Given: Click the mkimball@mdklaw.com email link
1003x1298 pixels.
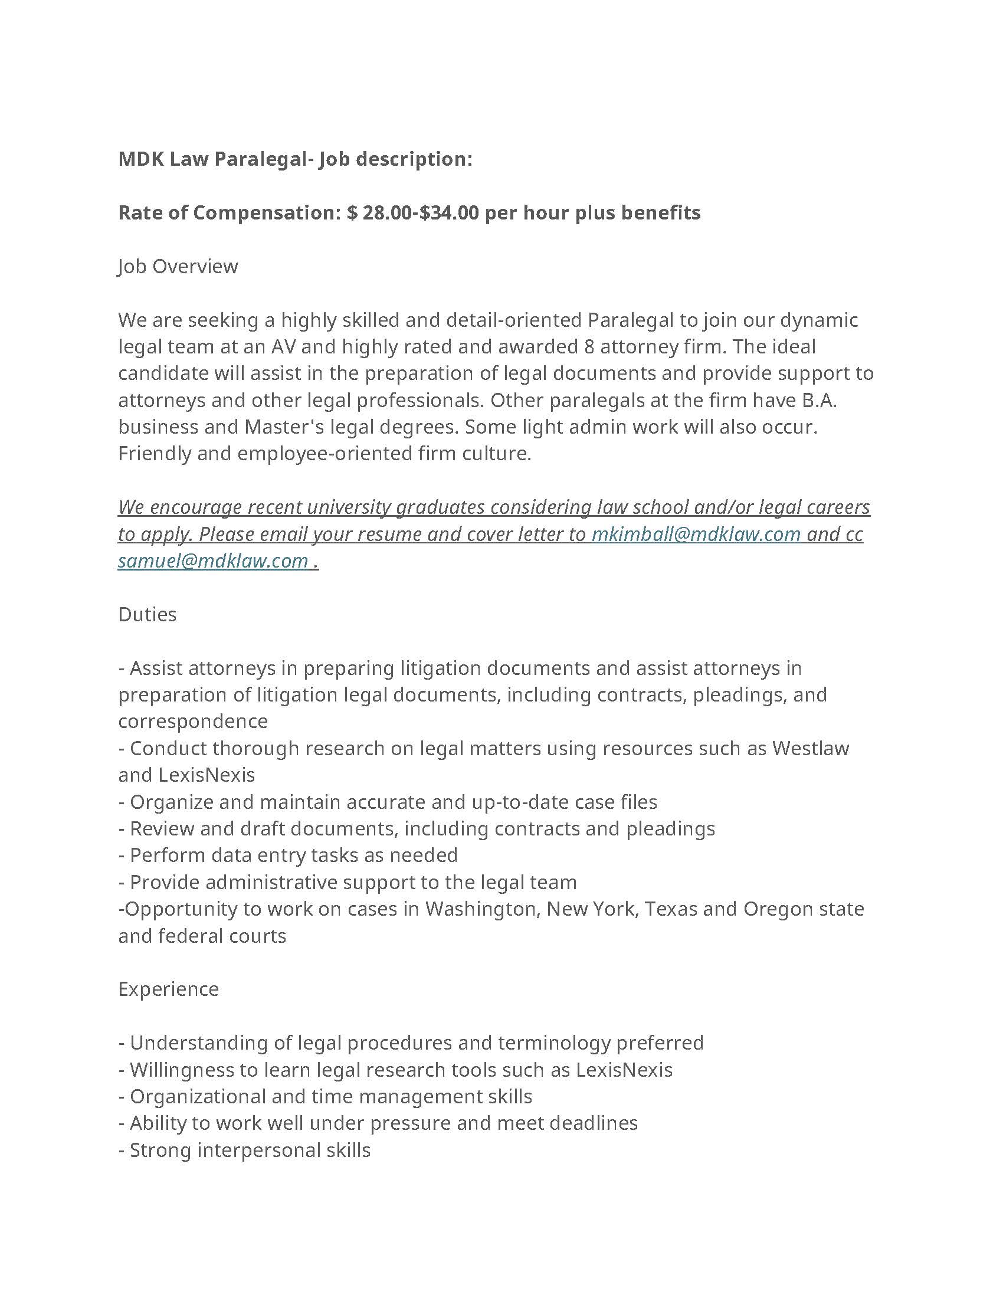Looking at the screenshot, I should (x=696, y=535).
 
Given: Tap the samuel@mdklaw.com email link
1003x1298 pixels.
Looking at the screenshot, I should (x=213, y=561).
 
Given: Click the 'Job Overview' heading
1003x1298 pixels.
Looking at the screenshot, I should (x=178, y=266).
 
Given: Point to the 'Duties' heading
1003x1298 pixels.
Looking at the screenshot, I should (x=147, y=615).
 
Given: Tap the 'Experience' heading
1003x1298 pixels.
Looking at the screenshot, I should (x=168, y=989).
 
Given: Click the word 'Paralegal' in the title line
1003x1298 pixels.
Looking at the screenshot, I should (x=260, y=159).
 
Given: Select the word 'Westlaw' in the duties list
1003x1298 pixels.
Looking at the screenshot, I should (x=811, y=748).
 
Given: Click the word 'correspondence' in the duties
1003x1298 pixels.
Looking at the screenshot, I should (x=193, y=722).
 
